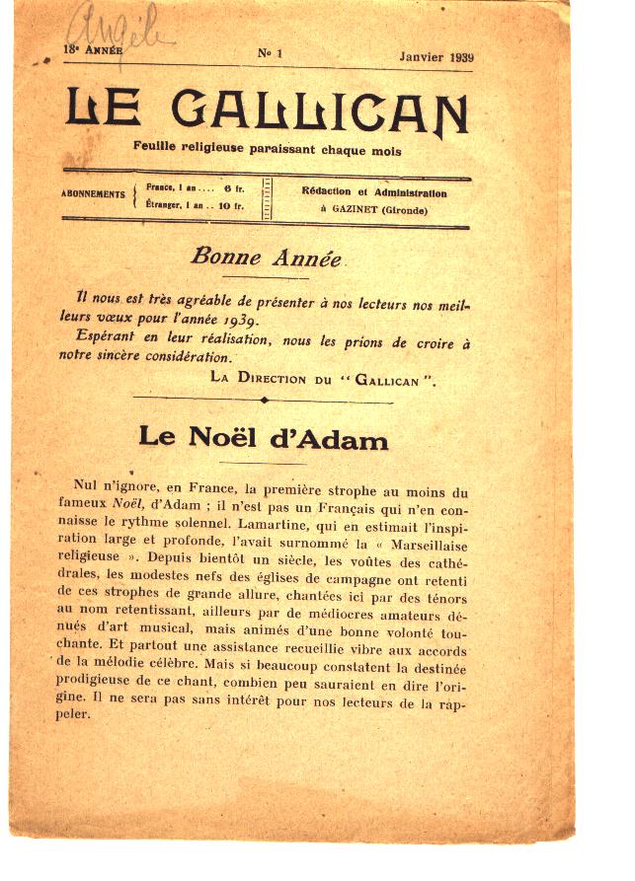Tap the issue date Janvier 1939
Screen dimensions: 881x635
click(x=437, y=56)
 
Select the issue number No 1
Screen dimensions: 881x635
click(x=270, y=54)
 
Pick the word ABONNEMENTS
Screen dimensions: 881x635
click(x=93, y=194)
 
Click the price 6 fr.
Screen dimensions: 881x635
click(x=233, y=186)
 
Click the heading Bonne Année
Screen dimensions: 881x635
click(x=266, y=258)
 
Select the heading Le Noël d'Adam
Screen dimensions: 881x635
click(x=263, y=437)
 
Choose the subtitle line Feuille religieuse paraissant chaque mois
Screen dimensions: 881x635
click(x=268, y=150)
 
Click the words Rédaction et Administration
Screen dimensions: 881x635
click(x=373, y=193)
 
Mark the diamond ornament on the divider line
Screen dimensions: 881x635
click(x=264, y=401)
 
